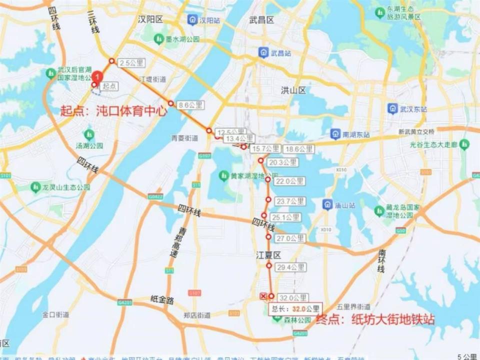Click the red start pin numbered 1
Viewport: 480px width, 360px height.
98,77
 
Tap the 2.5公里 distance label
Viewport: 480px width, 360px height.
131,63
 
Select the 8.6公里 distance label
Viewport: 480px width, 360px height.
190,105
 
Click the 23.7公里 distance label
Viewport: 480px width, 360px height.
290,201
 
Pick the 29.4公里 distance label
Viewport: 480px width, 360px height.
290,267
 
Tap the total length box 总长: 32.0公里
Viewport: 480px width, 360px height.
294,308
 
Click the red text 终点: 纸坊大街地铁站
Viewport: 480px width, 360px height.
375,319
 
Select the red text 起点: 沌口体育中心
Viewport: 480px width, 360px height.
113,111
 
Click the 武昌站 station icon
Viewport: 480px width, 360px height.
263,52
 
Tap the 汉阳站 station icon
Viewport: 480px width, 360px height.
192,19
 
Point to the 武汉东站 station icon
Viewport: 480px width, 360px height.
393,108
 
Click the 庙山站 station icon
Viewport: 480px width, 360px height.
328,204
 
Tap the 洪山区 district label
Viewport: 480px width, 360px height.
293,90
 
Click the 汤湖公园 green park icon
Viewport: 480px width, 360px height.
89,134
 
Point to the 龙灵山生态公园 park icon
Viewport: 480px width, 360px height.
35,187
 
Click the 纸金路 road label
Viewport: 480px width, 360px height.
162,300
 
